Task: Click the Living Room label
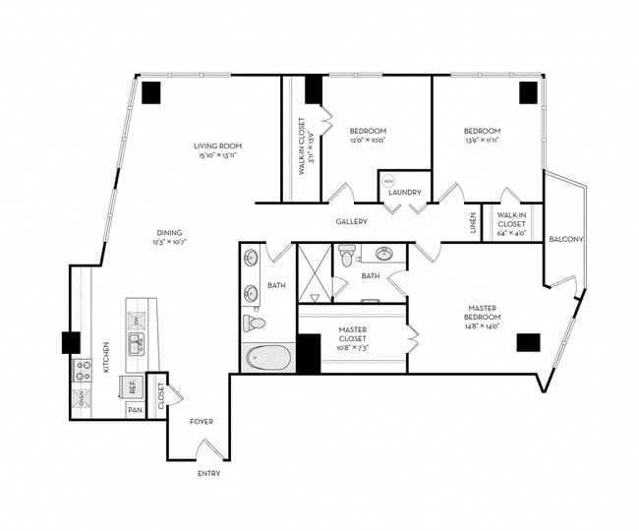pyautogui.click(x=217, y=147)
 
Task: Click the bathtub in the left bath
pyautogui.click(x=268, y=357)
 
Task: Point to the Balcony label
pyautogui.click(x=565, y=239)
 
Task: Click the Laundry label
pyautogui.click(x=404, y=192)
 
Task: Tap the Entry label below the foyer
pyautogui.click(x=207, y=473)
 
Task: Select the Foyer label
pyautogui.click(x=202, y=422)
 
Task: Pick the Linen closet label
pyautogui.click(x=473, y=222)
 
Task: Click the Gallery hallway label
pyautogui.click(x=351, y=221)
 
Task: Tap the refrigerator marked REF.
pyautogui.click(x=132, y=385)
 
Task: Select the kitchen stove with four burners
pyautogui.click(x=83, y=370)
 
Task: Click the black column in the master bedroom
pyautogui.click(x=528, y=343)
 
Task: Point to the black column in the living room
pyautogui.click(x=151, y=92)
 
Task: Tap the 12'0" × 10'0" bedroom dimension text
pyautogui.click(x=368, y=140)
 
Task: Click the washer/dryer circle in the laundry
pyautogui.click(x=388, y=182)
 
